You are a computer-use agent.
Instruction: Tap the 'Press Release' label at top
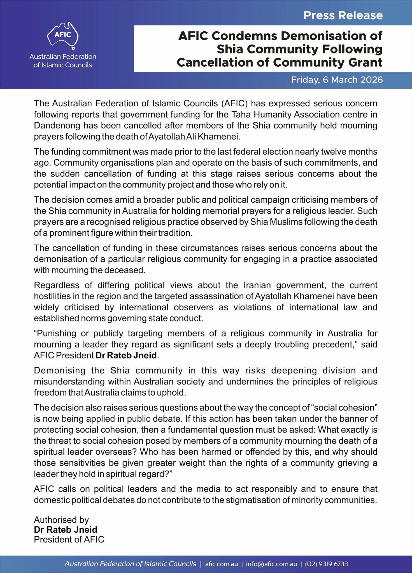tap(343, 15)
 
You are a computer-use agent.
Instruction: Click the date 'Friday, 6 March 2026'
tap(337, 80)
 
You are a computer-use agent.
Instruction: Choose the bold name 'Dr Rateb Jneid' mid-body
tap(126, 356)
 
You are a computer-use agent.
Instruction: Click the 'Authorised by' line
tap(61, 520)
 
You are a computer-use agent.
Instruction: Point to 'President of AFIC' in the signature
tap(69, 539)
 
